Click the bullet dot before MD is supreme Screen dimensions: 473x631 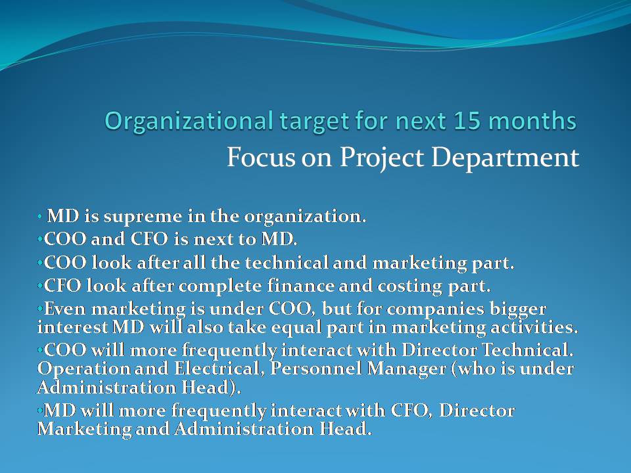tap(40, 215)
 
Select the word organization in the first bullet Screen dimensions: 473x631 tap(309, 216)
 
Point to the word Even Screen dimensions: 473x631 tap(62, 309)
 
